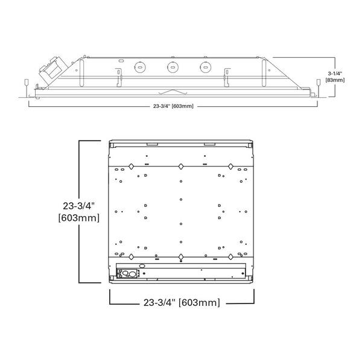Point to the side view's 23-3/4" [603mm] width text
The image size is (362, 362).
(x=174, y=106)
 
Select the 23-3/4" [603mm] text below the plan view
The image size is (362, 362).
(x=182, y=302)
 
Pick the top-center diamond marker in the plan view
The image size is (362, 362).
(x=180, y=166)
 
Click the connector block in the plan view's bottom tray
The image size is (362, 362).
(x=129, y=273)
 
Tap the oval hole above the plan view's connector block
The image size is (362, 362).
(x=142, y=265)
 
